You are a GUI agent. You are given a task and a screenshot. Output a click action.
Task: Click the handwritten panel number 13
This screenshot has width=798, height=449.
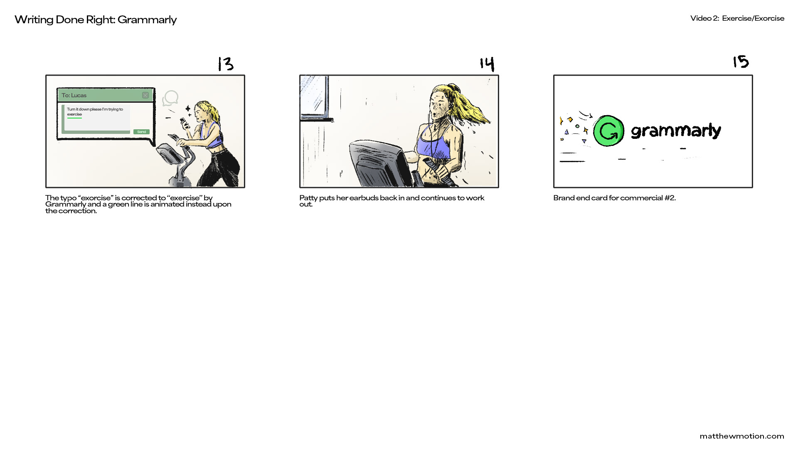[226, 64]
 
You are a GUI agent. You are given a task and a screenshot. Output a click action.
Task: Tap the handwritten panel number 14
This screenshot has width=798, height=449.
[487, 64]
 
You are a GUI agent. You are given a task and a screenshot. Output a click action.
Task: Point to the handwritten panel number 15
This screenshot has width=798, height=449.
[741, 62]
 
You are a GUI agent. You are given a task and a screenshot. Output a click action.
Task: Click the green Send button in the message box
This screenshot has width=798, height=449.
[141, 132]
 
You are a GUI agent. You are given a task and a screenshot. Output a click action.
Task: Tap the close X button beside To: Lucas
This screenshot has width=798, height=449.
[145, 95]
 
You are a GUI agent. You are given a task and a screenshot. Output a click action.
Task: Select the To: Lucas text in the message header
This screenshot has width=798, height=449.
[74, 95]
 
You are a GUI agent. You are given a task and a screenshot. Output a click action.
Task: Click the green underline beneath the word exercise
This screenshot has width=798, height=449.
[74, 118]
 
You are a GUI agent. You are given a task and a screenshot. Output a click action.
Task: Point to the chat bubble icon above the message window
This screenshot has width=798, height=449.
[170, 99]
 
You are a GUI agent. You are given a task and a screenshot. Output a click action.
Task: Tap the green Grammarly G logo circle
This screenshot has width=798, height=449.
[608, 131]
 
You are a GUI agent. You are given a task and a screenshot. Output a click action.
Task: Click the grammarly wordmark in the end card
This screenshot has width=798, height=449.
[676, 131]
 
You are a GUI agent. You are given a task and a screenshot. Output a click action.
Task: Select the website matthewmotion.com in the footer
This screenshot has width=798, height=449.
[742, 436]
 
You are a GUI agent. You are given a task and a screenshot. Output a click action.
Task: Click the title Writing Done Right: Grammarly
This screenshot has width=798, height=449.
[96, 20]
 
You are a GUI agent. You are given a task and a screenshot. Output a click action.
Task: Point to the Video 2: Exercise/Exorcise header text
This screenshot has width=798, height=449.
[737, 18]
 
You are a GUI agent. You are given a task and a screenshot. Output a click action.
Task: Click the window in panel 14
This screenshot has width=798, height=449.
[315, 97]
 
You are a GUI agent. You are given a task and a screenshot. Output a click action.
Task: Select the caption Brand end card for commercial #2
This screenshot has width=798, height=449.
[614, 198]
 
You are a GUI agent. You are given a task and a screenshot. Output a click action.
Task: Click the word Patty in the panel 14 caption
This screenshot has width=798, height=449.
[308, 198]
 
